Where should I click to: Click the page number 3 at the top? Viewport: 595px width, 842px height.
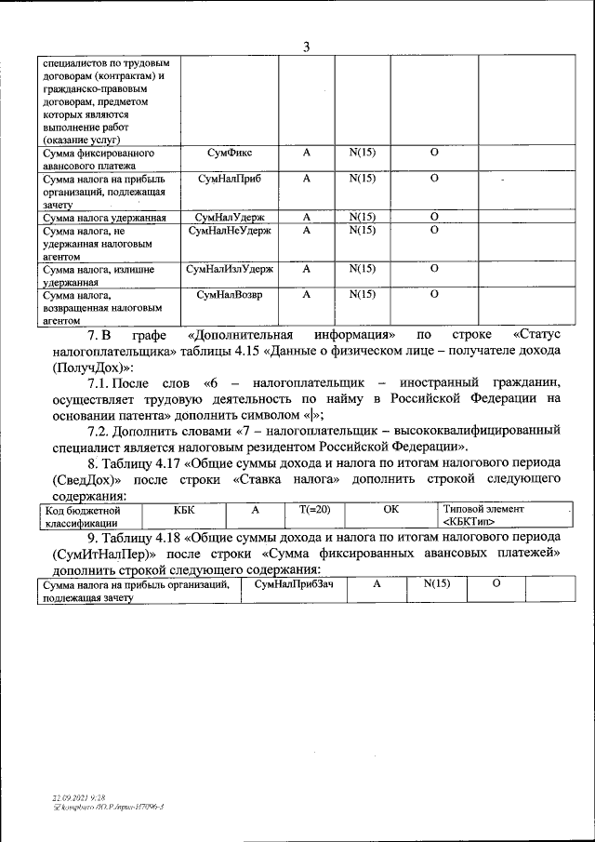point(306,47)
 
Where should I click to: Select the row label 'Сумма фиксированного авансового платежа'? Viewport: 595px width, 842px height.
point(99,158)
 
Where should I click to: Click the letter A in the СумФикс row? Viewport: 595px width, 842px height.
point(306,152)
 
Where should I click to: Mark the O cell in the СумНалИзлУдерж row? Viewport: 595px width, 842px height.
point(434,269)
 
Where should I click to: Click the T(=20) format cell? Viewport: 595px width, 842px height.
point(315,511)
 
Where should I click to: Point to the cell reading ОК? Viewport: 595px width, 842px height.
point(390,511)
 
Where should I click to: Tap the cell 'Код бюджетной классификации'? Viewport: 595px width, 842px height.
point(85,516)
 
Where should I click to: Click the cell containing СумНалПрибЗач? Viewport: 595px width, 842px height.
point(294,583)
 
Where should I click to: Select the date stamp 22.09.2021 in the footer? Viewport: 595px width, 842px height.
point(70,798)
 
